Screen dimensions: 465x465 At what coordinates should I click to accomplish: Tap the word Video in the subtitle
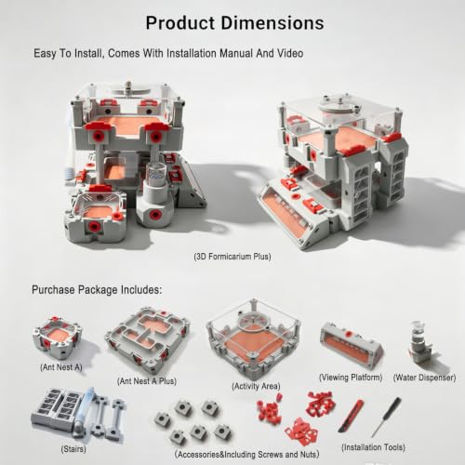(x=290, y=53)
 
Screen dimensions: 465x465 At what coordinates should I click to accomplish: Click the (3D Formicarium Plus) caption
(x=232, y=257)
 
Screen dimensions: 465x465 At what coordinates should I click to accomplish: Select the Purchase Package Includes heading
(x=97, y=290)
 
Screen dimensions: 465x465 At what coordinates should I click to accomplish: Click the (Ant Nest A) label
(x=61, y=367)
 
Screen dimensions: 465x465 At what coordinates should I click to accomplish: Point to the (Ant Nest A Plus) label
(x=147, y=381)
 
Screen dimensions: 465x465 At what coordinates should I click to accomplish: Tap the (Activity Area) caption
(x=256, y=386)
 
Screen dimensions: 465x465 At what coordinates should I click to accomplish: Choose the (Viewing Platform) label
(x=351, y=378)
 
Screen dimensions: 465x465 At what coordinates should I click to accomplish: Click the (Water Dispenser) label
(x=424, y=378)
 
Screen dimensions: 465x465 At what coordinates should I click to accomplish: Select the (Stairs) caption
(x=73, y=449)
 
